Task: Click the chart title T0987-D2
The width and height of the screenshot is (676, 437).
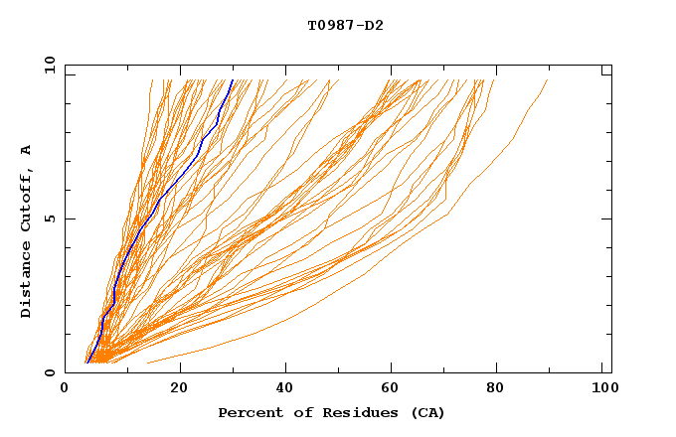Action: pyautogui.click(x=345, y=25)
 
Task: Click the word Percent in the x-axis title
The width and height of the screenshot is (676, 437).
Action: pyautogui.click(x=248, y=412)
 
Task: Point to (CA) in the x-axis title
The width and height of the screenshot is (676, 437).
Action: pyautogui.click(x=428, y=412)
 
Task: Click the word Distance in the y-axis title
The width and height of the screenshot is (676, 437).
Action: pyautogui.click(x=26, y=281)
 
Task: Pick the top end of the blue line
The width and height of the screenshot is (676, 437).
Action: pyautogui.click(x=232, y=80)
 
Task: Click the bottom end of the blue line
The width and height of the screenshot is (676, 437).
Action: pyautogui.click(x=87, y=363)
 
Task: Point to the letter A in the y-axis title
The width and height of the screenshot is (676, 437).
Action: pyautogui.click(x=26, y=149)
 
